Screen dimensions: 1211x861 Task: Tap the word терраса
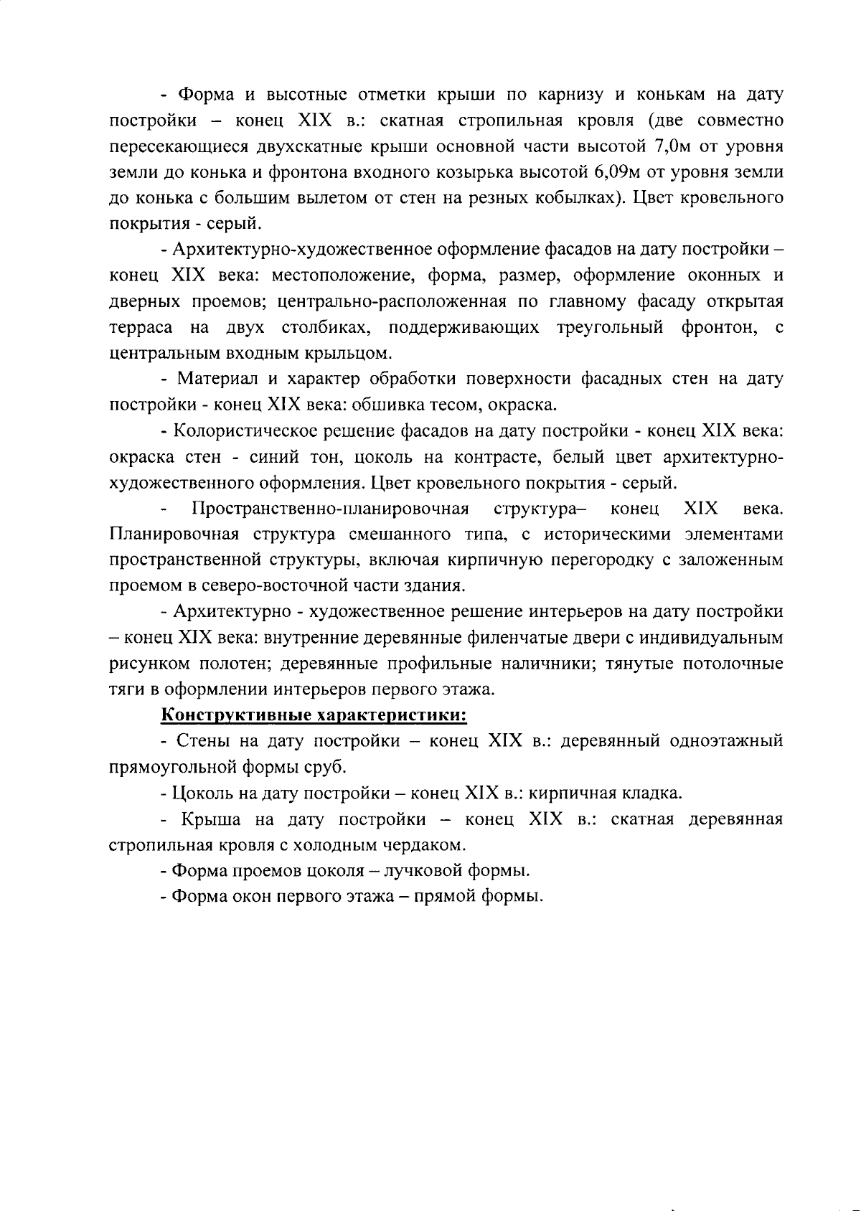click(141, 328)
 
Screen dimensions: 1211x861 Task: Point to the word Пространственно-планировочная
click(331, 509)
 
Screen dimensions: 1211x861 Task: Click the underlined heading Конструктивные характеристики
click(314, 715)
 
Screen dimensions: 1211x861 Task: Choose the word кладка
click(646, 793)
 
